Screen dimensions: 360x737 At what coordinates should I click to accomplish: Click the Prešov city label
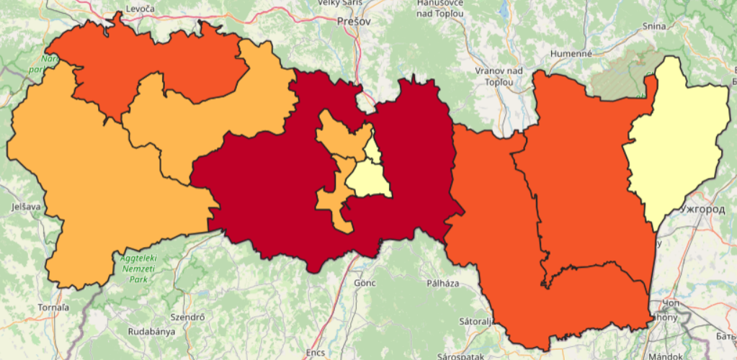tap(354, 22)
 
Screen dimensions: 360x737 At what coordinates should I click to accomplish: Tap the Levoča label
tap(140, 8)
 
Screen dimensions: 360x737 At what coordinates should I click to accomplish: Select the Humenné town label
tap(571, 54)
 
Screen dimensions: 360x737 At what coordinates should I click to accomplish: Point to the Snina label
tap(655, 27)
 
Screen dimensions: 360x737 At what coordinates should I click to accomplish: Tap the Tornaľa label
tap(53, 307)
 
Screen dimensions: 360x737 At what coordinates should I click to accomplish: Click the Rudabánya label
tap(147, 332)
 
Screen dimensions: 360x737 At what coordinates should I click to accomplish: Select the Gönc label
tap(365, 283)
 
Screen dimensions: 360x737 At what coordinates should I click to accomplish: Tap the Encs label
tap(315, 353)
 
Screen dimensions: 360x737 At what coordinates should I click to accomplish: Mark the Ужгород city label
tap(702, 210)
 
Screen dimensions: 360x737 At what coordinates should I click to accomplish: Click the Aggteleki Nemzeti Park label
tap(138, 267)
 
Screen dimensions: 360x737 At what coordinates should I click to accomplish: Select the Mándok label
tap(665, 356)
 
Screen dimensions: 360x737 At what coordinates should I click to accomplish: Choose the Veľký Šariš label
tap(342, 3)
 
